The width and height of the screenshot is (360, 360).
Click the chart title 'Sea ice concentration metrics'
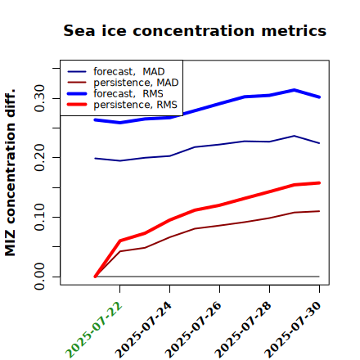(195, 30)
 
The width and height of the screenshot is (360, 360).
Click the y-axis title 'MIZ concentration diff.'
(10, 173)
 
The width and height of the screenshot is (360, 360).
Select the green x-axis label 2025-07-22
(94, 330)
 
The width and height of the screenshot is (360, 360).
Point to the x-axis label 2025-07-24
(144, 330)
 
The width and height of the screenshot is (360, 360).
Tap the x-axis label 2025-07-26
(194, 330)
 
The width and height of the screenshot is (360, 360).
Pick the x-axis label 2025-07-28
(244, 330)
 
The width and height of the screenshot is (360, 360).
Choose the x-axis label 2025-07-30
(294, 330)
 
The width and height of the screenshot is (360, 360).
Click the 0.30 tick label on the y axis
(39, 98)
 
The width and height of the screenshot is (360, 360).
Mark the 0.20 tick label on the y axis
(39, 158)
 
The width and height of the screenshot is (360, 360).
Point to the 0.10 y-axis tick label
(39, 217)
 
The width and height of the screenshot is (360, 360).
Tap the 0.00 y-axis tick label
(39, 277)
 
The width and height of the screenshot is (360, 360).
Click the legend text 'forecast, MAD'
(129, 72)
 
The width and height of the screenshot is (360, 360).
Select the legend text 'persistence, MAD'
(136, 83)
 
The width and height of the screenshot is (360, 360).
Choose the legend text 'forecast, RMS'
(128, 93)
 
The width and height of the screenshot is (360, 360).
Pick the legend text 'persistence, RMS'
(135, 105)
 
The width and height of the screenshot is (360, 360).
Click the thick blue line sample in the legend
(77, 93)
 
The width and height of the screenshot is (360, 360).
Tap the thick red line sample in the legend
(77, 105)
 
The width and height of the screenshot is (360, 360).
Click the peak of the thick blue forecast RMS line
(295, 90)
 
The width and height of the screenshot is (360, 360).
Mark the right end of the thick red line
(319, 183)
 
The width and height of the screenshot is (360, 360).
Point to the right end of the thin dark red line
(319, 211)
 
